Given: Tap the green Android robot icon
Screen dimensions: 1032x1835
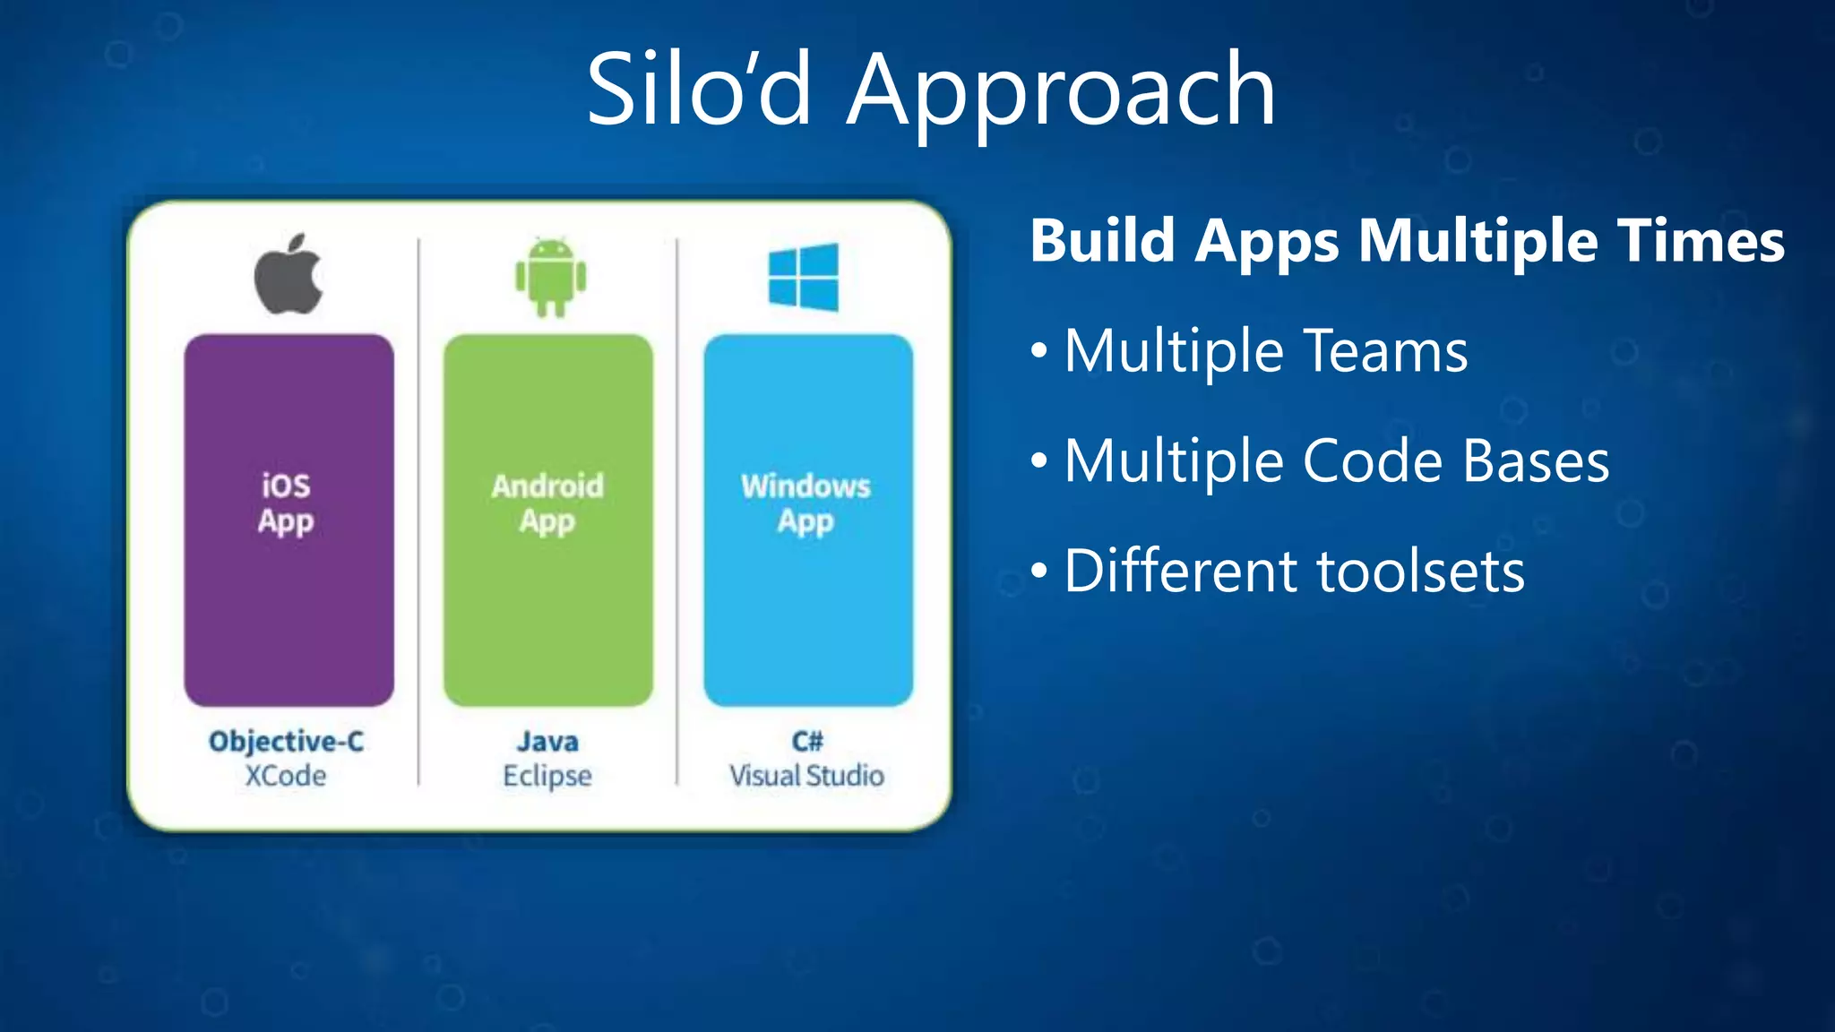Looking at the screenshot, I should pos(550,278).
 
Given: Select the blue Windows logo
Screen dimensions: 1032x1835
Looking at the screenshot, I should pos(804,278).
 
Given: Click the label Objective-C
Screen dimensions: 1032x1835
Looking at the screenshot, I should pos(286,742).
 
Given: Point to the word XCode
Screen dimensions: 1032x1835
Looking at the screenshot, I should pos(286,776).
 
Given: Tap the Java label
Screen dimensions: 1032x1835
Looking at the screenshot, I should pos(547,742).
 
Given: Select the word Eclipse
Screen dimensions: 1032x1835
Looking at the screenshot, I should pos(547,776).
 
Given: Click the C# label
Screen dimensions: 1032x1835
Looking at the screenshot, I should pos(807,742).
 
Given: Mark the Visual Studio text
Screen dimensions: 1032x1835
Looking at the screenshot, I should pos(806,776).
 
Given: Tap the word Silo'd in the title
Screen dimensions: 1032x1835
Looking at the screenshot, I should pos(699,90).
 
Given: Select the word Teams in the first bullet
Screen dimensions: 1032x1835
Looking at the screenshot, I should pos(1385,351).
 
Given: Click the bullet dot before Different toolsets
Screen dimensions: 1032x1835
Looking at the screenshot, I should pos(1038,572).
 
